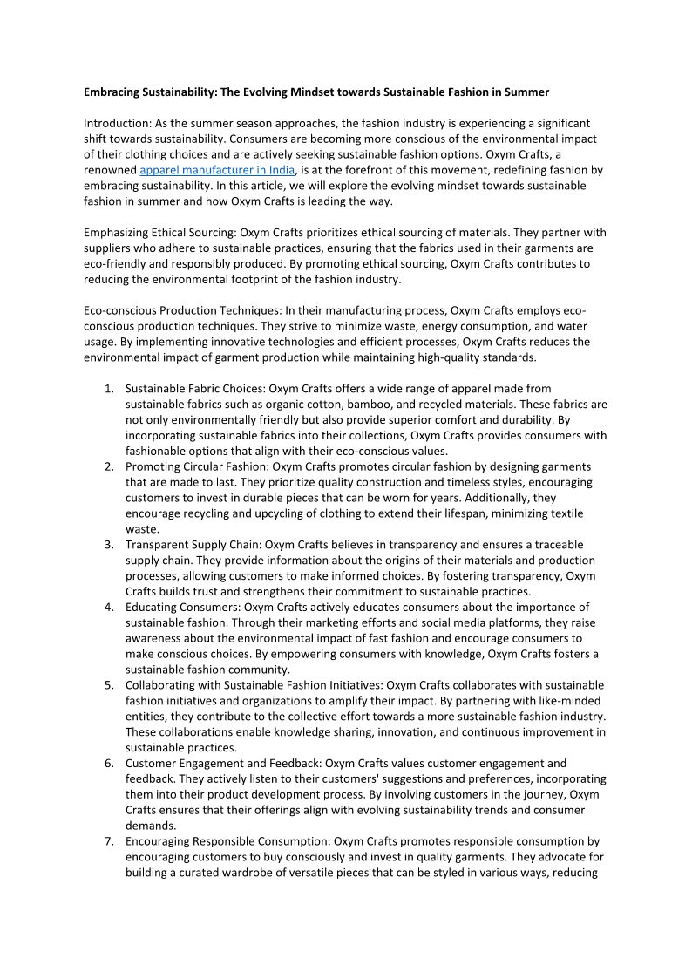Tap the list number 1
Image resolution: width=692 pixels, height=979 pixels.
(109, 388)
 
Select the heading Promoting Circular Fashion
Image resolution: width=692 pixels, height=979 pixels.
(196, 466)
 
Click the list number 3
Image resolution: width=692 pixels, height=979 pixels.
(109, 545)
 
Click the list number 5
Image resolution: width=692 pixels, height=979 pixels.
(109, 685)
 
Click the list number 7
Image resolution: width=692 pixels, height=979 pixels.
(109, 842)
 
